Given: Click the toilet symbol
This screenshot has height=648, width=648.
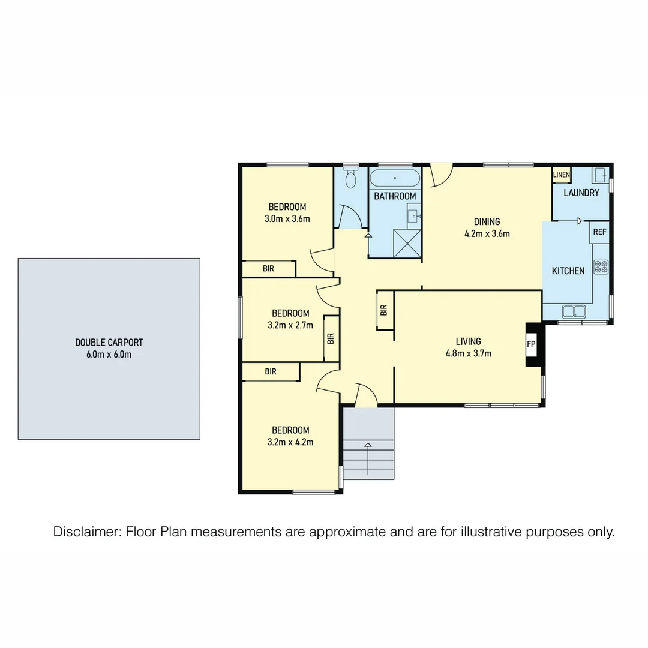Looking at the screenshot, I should pyautogui.click(x=351, y=178).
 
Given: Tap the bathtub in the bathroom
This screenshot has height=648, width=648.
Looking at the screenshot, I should pyautogui.click(x=395, y=178).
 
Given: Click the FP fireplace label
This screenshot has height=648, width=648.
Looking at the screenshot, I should pyautogui.click(x=531, y=344).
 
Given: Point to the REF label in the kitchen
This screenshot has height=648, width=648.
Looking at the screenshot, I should pyautogui.click(x=599, y=232).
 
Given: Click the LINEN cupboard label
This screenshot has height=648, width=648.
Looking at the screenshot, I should pyautogui.click(x=561, y=175).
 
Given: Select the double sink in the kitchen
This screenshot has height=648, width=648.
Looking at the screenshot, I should pyautogui.click(x=574, y=311).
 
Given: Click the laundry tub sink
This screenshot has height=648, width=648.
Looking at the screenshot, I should pyautogui.click(x=599, y=175).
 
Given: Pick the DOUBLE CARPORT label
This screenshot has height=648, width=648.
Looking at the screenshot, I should pyautogui.click(x=109, y=343).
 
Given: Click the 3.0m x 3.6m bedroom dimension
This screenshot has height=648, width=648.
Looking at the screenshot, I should pyautogui.click(x=287, y=219).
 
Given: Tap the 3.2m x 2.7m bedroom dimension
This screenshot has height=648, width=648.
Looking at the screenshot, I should pyautogui.click(x=290, y=325).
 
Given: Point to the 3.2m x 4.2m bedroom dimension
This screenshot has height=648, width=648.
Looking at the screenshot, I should pyautogui.click(x=290, y=442).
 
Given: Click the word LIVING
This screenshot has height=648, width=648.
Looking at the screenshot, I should pyautogui.click(x=468, y=341).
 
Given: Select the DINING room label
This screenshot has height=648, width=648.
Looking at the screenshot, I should pyautogui.click(x=487, y=221).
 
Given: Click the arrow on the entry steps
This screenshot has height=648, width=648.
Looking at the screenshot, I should pyautogui.click(x=368, y=445).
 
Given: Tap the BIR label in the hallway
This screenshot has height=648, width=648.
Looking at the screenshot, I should pyautogui.click(x=384, y=310).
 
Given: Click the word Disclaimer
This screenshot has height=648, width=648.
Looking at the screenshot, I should pyautogui.click(x=86, y=532).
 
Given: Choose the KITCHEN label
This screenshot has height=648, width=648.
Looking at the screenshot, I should pyautogui.click(x=568, y=271).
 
